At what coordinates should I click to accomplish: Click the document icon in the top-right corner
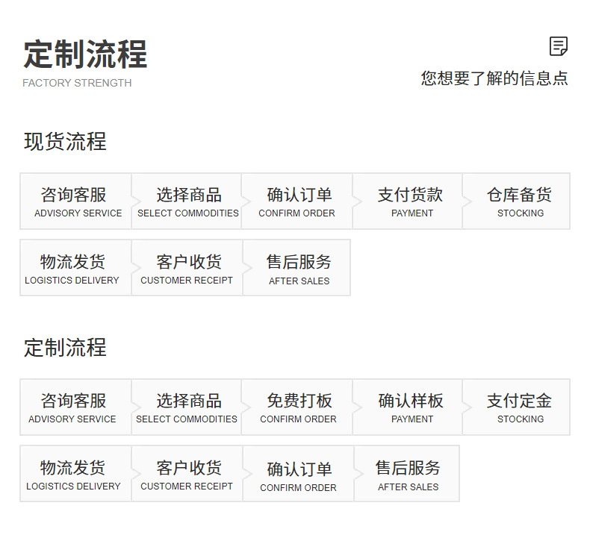(558, 46)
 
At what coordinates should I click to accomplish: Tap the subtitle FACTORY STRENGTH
(77, 83)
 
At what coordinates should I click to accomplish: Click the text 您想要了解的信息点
(494, 78)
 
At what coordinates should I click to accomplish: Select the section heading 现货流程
(65, 142)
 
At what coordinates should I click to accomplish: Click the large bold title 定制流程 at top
(85, 54)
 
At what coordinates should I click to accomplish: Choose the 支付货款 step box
(409, 201)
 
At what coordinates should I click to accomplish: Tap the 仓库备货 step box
(519, 201)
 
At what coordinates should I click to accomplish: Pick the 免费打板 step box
(299, 407)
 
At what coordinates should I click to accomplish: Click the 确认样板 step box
(410, 407)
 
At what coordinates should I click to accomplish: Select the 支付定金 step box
(519, 407)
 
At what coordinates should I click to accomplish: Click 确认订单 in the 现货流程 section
(299, 201)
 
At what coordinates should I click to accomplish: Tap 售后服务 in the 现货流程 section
(299, 268)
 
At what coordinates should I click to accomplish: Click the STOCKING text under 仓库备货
(521, 213)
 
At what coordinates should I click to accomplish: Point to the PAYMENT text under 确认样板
(412, 419)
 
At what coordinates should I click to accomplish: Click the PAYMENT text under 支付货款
(412, 213)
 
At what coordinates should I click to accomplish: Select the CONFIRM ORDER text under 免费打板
(298, 419)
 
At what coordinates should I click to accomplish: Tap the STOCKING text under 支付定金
(521, 419)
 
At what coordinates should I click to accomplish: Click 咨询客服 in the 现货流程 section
(75, 201)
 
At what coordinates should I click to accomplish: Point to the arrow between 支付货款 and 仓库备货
(466, 201)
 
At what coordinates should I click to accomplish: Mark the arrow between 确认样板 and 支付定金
(466, 407)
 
